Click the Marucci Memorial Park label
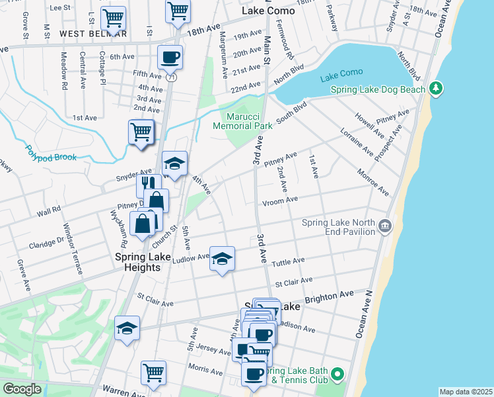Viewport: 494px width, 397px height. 242,120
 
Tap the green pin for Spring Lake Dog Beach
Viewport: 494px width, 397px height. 435,88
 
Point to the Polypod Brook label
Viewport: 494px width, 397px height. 52,154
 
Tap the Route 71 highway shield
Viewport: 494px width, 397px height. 172,77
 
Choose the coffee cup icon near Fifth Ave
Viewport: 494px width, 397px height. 170,57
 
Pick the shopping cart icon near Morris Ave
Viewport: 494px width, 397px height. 153,373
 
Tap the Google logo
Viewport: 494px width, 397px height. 22,389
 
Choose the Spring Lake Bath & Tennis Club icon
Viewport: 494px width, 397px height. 337,375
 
